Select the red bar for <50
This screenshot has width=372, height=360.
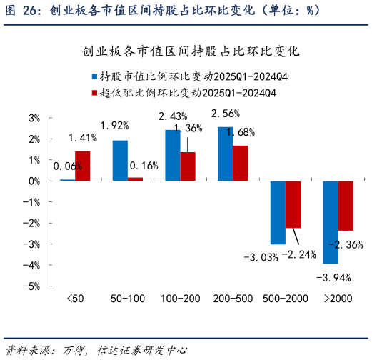tap(83, 166)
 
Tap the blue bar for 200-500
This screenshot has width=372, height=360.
tap(225, 154)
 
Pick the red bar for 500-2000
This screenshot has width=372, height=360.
tap(293, 204)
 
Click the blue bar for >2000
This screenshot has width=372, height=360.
tap(330, 222)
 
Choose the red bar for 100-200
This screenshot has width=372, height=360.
tap(188, 166)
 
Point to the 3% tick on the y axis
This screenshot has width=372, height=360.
tap(33, 118)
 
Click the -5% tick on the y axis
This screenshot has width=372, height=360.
tap(31, 286)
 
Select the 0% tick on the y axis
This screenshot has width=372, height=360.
tap(33, 181)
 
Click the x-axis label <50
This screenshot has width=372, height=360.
tap(75, 297)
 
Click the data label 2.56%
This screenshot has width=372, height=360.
tap(226, 114)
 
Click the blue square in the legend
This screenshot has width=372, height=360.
tap(94, 76)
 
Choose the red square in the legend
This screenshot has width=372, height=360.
tap(94, 93)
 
